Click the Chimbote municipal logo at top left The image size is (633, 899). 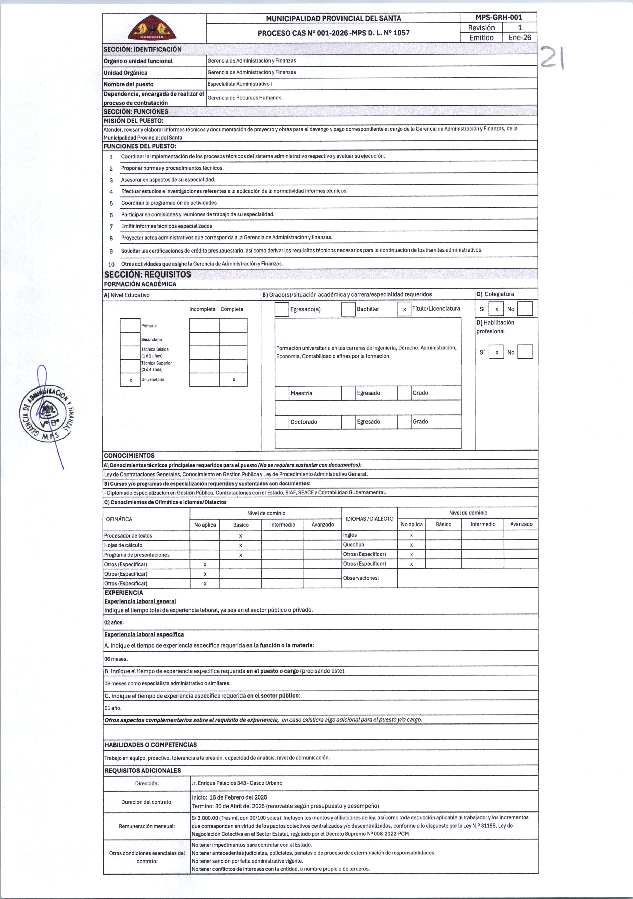(152, 28)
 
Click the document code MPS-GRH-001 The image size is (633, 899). (498, 17)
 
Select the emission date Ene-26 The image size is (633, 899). (520, 38)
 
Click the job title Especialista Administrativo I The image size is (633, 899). (239, 84)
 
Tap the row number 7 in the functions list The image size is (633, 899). (111, 226)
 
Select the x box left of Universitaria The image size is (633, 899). (130, 380)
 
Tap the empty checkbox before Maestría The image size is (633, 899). (282, 393)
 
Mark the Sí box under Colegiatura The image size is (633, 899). (496, 309)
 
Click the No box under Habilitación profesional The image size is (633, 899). (525, 352)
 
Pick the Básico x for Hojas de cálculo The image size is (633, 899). (240, 545)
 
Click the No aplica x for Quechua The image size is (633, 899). (411, 545)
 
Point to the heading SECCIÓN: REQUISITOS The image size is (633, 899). (148, 274)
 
